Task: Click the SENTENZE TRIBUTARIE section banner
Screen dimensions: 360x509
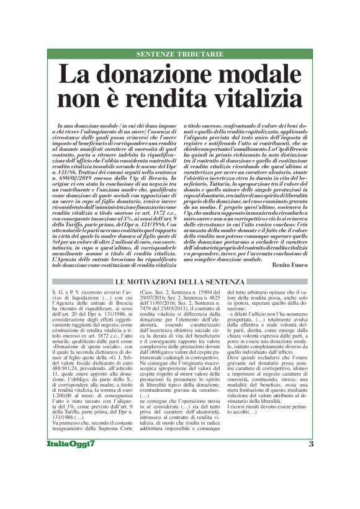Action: click(180, 54)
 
